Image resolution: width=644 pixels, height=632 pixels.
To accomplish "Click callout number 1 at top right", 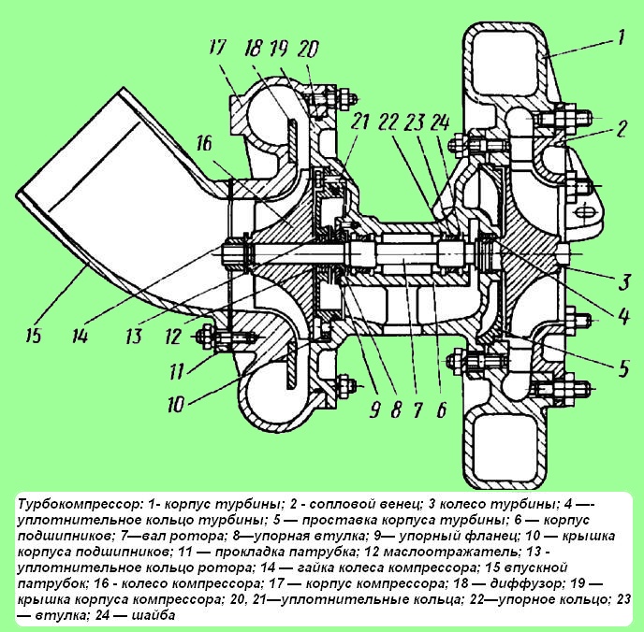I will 619,38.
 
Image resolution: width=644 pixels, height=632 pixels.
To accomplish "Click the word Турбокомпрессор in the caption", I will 74,506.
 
